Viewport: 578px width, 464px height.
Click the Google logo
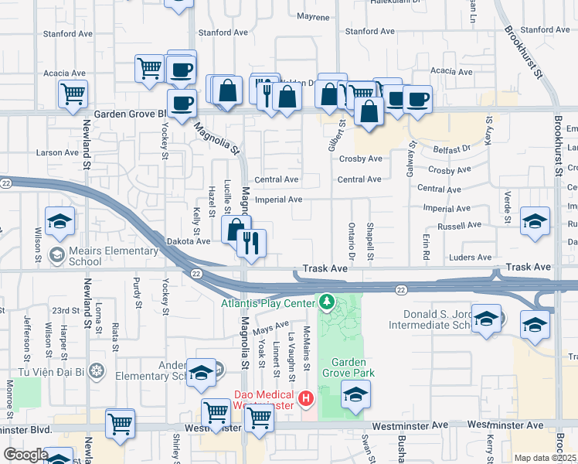tap(25, 455)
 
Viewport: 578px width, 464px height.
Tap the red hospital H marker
tap(306, 399)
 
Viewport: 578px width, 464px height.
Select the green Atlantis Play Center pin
tap(326, 300)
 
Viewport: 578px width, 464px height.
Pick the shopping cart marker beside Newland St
tap(73, 94)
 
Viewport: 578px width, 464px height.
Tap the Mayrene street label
tap(313, 16)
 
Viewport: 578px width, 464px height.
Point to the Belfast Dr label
tap(450, 148)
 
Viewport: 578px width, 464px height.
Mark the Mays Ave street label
tap(270, 329)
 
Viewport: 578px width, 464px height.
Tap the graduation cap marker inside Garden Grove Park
tap(355, 397)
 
